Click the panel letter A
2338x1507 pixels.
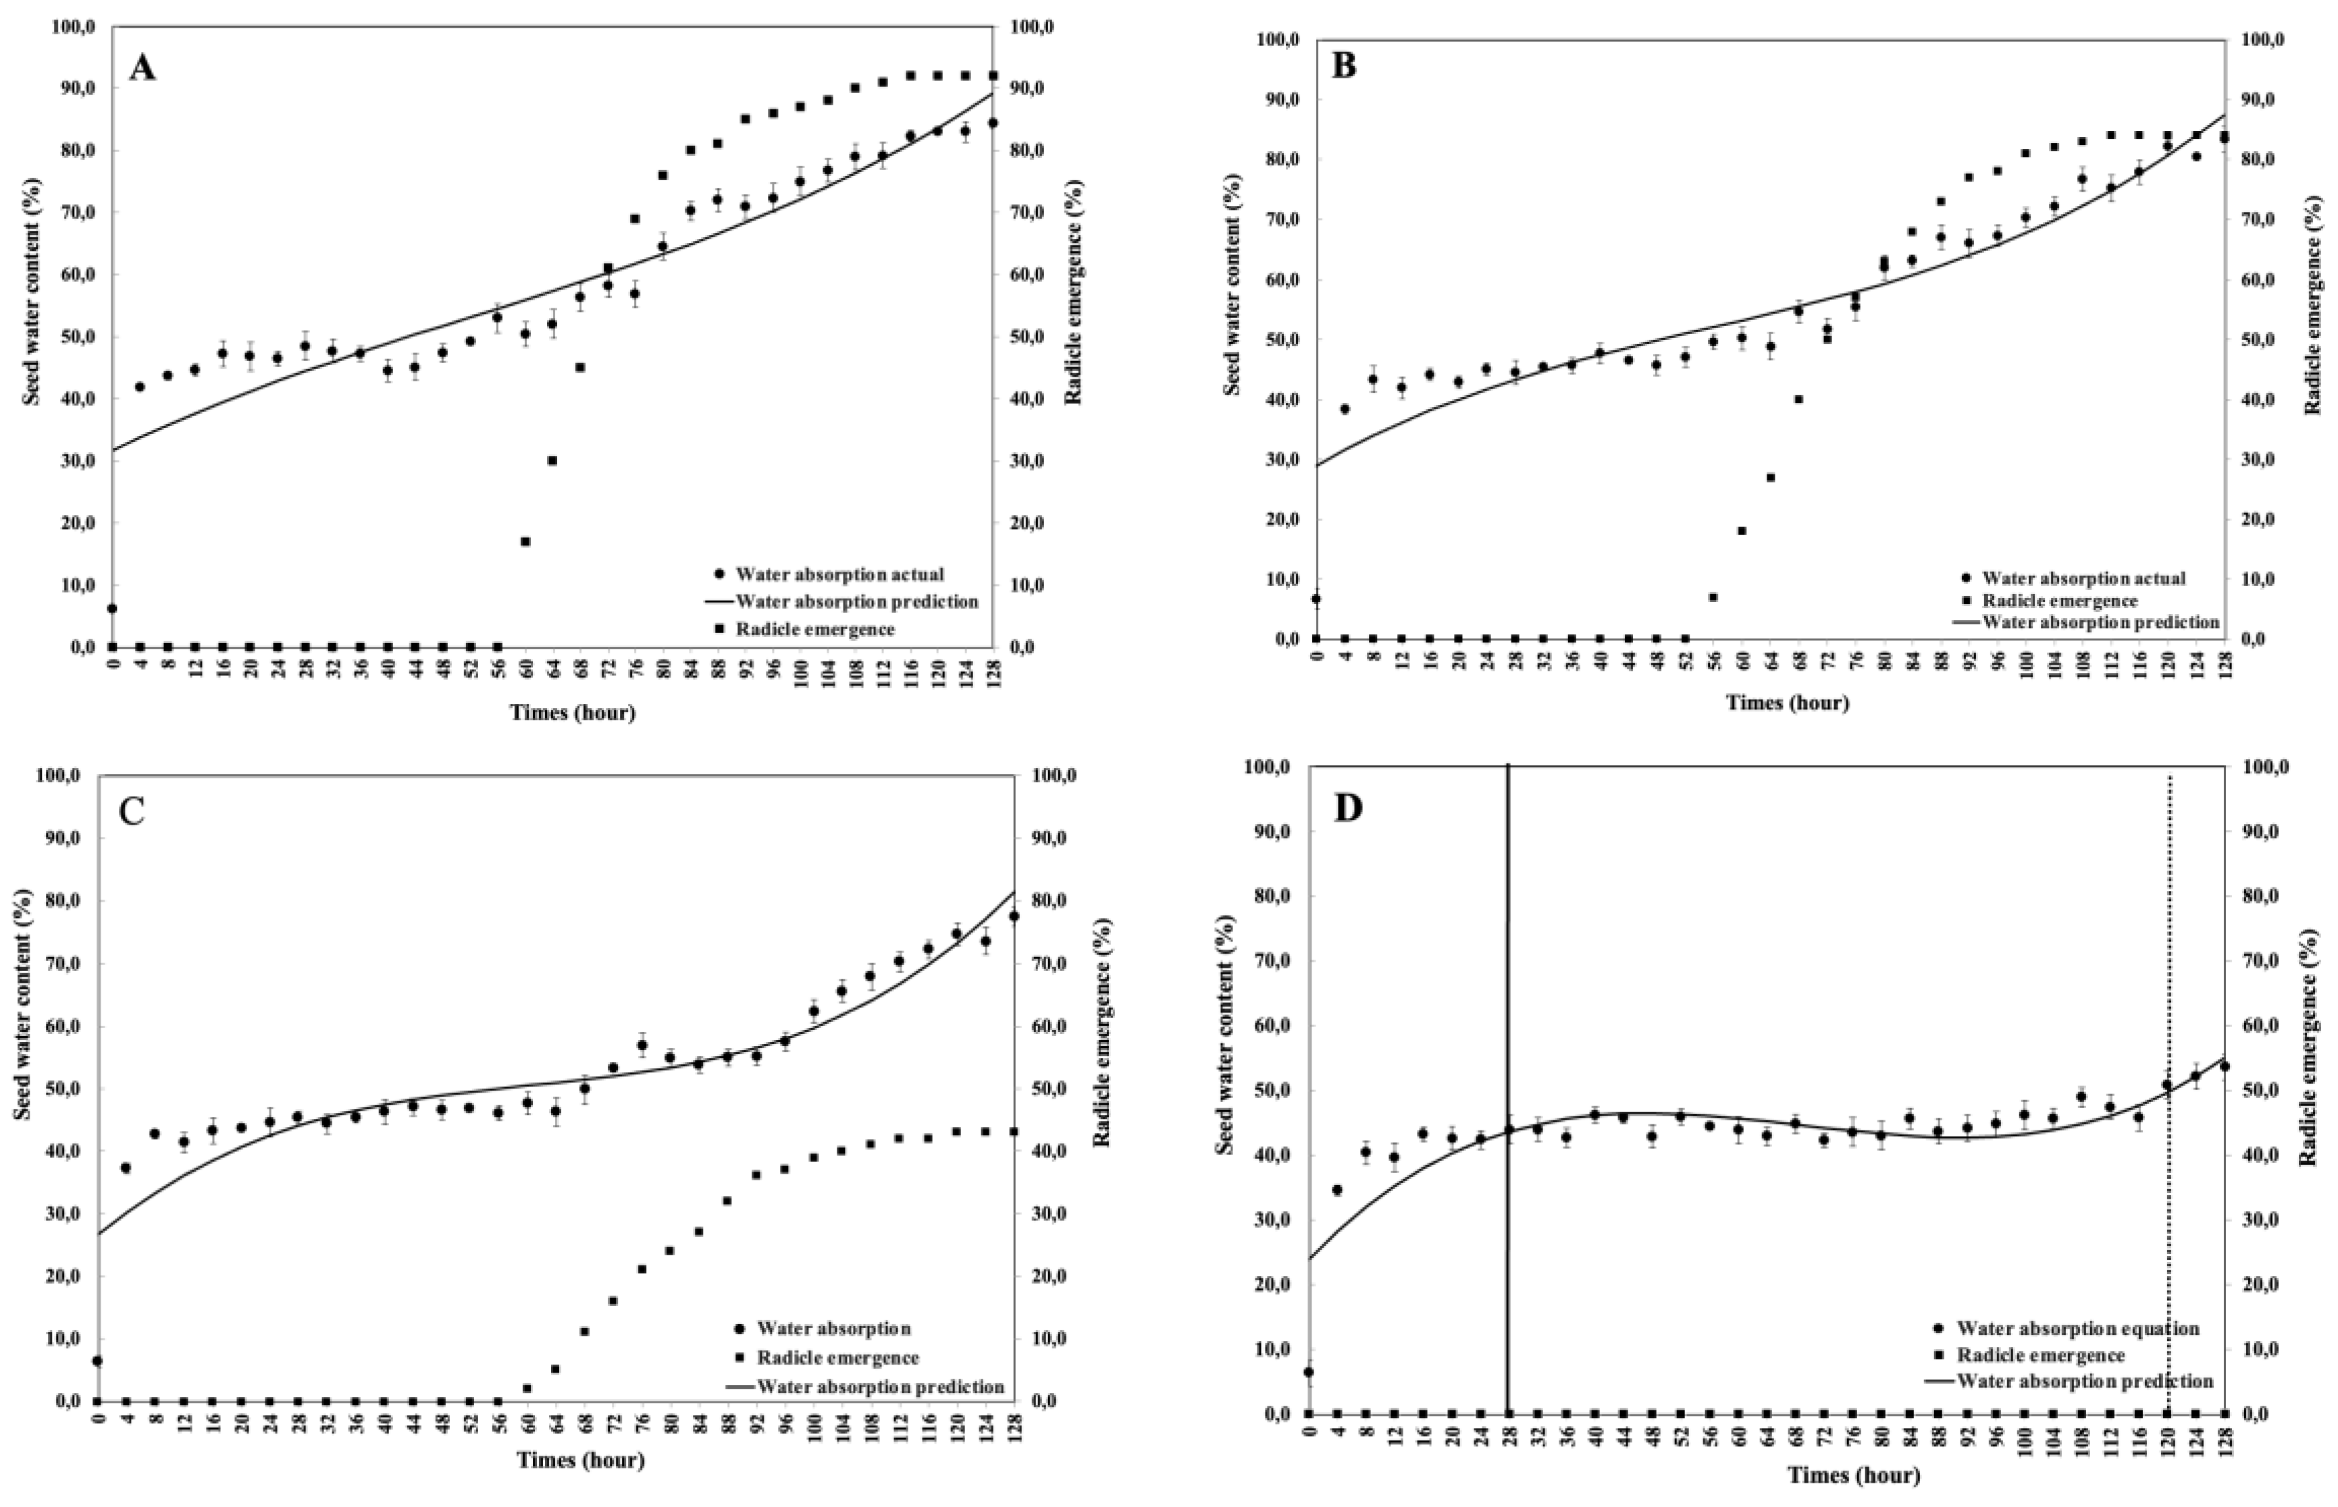pyautogui.click(x=143, y=69)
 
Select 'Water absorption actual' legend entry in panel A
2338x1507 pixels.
pyautogui.click(x=839, y=574)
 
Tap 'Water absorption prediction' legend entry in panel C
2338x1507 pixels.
pyautogui.click(x=879, y=1387)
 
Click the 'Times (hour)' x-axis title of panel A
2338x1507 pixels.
pyautogui.click(x=572, y=713)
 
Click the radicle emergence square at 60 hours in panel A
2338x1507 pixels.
pyautogui.click(x=525, y=541)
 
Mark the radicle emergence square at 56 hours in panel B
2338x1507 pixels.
pyautogui.click(x=1713, y=597)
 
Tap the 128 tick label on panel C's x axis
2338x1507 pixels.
pyautogui.click(x=1014, y=1429)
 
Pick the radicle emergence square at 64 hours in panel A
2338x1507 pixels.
pyautogui.click(x=552, y=460)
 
